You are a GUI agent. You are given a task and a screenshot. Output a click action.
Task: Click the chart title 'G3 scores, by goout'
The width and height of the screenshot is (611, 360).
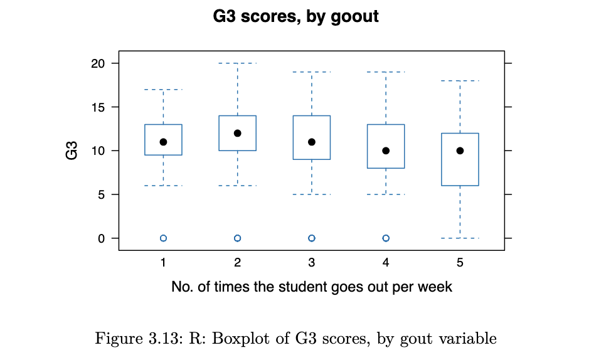pos(296,16)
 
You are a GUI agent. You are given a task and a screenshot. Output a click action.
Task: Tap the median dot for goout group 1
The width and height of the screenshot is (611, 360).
pos(163,142)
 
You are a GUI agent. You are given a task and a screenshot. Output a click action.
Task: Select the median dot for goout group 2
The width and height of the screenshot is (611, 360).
pos(238,133)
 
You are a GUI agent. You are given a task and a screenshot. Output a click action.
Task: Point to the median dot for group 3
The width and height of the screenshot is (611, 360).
pos(312,142)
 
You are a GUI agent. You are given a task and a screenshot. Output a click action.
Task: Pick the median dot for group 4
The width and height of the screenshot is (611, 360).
pos(386,151)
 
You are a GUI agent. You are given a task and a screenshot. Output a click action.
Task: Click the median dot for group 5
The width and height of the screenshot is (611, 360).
pos(460,151)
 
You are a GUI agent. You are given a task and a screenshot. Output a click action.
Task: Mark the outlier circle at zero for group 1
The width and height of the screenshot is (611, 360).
pos(163,238)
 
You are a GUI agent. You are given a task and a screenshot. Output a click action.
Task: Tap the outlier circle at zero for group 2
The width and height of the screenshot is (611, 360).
pos(238,238)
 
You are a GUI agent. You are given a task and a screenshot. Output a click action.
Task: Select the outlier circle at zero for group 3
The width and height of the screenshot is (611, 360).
pos(312,238)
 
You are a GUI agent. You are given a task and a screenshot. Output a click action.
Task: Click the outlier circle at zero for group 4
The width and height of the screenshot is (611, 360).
pos(386,238)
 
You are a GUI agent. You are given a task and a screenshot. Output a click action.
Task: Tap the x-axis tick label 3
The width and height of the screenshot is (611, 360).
pos(312,263)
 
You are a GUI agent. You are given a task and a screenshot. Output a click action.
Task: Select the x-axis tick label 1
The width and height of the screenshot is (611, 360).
pos(163,263)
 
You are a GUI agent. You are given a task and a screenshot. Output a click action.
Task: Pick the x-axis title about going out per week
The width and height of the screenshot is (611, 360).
pos(312,287)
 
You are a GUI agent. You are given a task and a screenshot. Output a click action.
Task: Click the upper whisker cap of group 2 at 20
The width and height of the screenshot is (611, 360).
pos(238,63)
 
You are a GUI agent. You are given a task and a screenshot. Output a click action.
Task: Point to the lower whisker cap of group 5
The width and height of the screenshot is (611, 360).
pos(460,238)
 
